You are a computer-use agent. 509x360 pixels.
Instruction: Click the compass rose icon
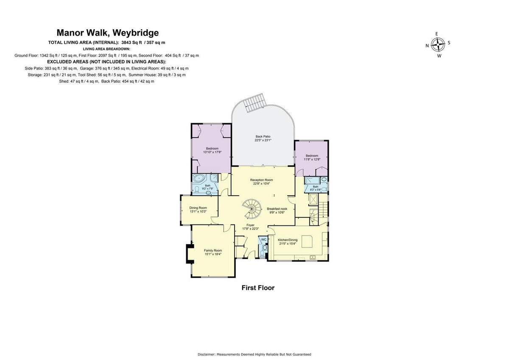tap(438, 45)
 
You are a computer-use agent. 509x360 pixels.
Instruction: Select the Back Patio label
tap(263, 136)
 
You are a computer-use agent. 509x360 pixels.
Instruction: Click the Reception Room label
tap(262, 180)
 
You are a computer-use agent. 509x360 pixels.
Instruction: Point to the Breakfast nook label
tap(277, 209)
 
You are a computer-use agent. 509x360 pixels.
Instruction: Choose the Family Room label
tap(213, 250)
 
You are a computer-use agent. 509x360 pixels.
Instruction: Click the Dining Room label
tap(198, 208)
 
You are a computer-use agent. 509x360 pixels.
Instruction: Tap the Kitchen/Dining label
tap(288, 240)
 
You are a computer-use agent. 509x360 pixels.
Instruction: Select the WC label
tap(263, 239)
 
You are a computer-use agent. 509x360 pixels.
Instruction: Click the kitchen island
tap(307, 242)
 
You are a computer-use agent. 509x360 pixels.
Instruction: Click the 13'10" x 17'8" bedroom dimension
tap(212, 152)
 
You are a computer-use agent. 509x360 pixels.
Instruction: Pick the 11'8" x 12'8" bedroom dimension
tap(312, 160)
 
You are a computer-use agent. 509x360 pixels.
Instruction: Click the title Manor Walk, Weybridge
tap(108, 33)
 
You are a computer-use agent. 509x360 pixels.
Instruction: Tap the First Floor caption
tap(258, 288)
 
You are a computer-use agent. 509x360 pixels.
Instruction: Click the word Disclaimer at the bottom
tap(206, 354)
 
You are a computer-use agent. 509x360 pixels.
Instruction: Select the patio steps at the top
tap(255, 102)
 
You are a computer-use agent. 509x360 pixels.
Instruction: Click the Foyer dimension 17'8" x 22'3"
tap(251, 229)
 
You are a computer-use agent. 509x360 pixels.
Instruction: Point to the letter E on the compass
tap(437, 34)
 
